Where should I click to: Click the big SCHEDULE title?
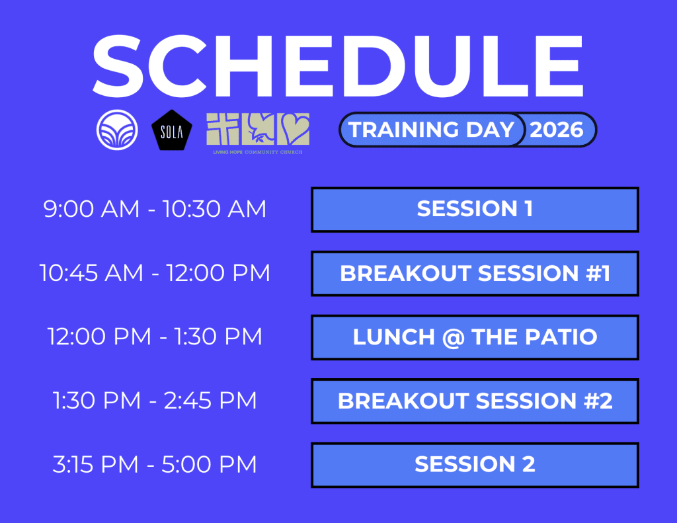[x=338, y=66]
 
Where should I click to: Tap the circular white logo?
[x=117, y=130]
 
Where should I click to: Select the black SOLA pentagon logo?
[x=172, y=130]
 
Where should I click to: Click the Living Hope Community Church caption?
[x=258, y=152]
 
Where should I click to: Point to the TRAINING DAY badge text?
[x=431, y=130]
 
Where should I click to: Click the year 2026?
[x=557, y=130]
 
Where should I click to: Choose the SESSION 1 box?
[x=475, y=210]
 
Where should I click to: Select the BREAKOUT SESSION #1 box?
[x=475, y=273]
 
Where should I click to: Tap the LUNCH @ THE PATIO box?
[x=475, y=337]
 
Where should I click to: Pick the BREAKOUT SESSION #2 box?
[x=475, y=401]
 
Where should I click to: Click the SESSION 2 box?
[x=475, y=465]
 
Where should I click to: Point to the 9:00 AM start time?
[x=91, y=209]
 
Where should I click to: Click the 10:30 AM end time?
[x=215, y=209]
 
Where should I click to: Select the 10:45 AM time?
[x=91, y=273]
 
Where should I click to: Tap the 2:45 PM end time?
[x=210, y=400]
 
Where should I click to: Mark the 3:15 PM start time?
[x=95, y=464]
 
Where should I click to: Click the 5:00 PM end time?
[x=210, y=464]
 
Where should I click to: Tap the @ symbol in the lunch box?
[x=453, y=337]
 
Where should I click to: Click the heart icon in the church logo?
[x=293, y=129]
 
